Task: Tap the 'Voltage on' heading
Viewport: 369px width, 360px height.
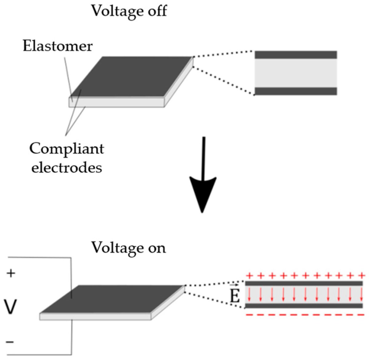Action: coord(129,247)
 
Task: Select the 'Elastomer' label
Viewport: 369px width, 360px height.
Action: coord(58,46)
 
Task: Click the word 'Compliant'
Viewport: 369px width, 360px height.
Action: coord(67,149)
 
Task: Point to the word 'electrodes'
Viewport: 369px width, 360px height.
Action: coord(67,168)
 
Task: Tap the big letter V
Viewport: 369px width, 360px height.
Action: coord(10,307)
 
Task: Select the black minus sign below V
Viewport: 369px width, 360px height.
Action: coord(10,342)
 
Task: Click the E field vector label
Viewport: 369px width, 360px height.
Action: coord(235,297)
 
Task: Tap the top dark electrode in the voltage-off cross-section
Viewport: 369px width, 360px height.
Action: coord(296,55)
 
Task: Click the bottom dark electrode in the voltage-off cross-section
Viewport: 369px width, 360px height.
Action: coord(296,91)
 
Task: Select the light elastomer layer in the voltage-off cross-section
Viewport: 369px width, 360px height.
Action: coord(296,73)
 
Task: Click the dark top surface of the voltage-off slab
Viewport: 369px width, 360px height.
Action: coord(132,77)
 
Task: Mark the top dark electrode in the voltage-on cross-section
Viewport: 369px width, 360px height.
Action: coord(304,283)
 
